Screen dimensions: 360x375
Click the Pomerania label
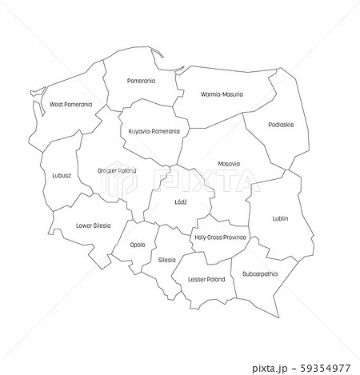tap(142, 81)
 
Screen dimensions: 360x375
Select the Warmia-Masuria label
tap(221, 94)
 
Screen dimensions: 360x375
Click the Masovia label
tap(229, 164)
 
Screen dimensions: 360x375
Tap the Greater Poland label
tap(116, 171)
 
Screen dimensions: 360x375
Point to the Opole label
tap(137, 245)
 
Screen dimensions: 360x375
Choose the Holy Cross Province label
tap(221, 237)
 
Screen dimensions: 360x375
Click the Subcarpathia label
tap(261, 274)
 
